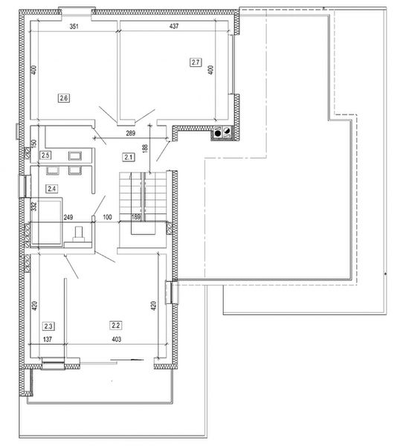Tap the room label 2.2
pyautogui.click(x=115, y=325)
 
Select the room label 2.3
pyautogui.click(x=48, y=326)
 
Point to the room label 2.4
pyautogui.click(x=51, y=189)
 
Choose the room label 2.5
pyautogui.click(x=45, y=155)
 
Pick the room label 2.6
pyautogui.click(x=63, y=97)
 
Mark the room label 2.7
pyautogui.click(x=196, y=62)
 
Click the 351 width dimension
pyautogui.click(x=74, y=27)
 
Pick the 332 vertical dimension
pyautogui.click(x=33, y=206)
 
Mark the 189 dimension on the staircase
pyautogui.click(x=136, y=217)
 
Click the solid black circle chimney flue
pyautogui.click(x=218, y=135)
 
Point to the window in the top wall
pyautogui.click(x=73, y=10)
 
